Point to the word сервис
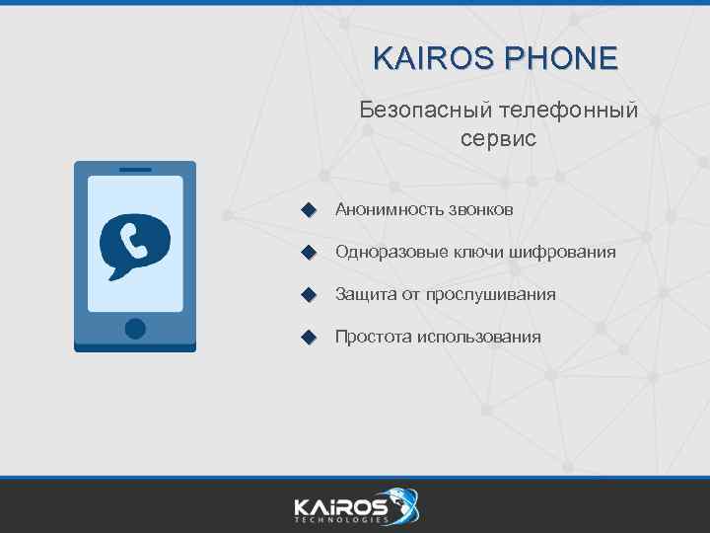click(498, 138)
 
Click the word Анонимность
click(389, 210)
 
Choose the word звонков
click(480, 210)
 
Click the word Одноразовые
click(390, 253)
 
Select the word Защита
click(365, 295)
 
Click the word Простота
click(373, 338)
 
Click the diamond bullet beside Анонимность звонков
click(309, 210)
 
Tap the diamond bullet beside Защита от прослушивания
click(309, 295)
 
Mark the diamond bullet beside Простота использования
click(309, 338)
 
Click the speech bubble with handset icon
click(135, 244)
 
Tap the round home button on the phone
click(135, 328)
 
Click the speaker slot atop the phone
click(135, 170)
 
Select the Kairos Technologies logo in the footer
click(355, 507)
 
